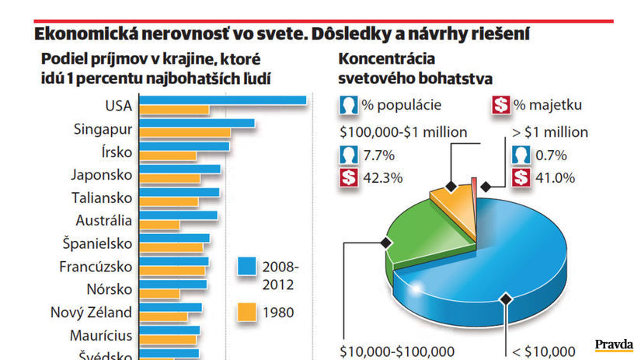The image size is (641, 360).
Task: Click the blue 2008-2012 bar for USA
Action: click(x=222, y=99)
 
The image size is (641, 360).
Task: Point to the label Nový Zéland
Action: click(x=91, y=313)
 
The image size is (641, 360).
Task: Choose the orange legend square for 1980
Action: click(x=247, y=313)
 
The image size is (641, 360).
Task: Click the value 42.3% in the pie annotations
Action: click(x=383, y=177)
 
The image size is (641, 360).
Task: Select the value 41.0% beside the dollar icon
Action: click(x=556, y=177)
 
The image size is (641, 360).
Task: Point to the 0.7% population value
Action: click(x=552, y=155)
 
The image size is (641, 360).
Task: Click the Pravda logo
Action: click(x=614, y=344)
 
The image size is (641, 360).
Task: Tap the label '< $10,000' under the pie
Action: click(x=545, y=351)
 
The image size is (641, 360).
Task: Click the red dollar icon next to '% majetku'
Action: click(x=502, y=106)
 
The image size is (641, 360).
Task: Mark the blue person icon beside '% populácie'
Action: click(x=348, y=106)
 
